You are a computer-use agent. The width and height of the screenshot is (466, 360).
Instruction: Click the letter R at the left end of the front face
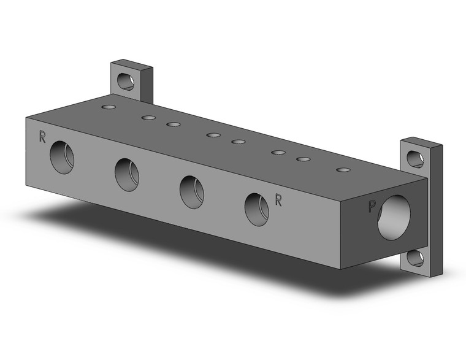[x=42, y=137]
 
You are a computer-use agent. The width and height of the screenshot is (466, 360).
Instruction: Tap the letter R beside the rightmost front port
[x=278, y=200]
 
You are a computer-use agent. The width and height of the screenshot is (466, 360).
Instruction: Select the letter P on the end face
[x=372, y=207]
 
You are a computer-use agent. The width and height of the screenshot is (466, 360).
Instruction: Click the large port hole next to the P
[x=394, y=217]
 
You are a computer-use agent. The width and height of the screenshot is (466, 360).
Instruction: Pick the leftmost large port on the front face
[x=62, y=156]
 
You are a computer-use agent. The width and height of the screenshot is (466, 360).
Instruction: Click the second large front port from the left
[x=126, y=174]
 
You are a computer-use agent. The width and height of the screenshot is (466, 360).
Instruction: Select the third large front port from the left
[x=191, y=191]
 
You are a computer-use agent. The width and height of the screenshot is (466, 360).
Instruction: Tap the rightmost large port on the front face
[x=256, y=209]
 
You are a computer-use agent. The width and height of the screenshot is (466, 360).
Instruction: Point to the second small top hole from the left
[x=148, y=118]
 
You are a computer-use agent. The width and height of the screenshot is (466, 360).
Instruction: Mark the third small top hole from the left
[x=174, y=124]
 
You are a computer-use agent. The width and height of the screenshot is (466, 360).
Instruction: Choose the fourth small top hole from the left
[x=213, y=135]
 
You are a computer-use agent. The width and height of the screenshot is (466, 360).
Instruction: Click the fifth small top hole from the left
[x=239, y=142]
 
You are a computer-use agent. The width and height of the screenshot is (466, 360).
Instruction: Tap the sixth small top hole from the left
[x=278, y=152]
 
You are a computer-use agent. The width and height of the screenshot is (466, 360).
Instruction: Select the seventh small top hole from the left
[x=304, y=159]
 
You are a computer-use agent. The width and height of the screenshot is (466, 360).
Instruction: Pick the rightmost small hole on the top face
[x=343, y=169]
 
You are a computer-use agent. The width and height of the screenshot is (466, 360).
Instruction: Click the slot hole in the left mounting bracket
[x=126, y=81]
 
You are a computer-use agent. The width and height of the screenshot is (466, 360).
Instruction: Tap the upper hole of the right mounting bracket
[x=416, y=160]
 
